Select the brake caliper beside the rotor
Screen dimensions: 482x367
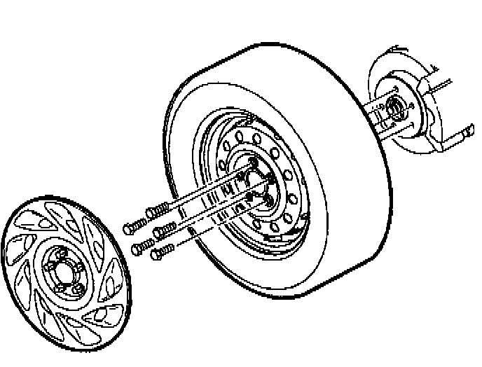pos(429,105)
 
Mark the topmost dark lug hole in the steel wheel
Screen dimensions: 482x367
pos(254,162)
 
